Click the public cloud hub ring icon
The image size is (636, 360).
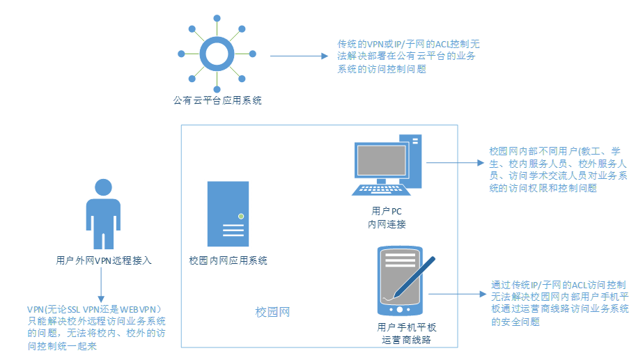coord(217,54)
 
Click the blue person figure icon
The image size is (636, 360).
coord(102,212)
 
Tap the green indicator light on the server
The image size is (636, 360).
coord(241,217)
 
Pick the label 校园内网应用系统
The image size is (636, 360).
coord(228,260)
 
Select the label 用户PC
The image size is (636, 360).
coord(387,211)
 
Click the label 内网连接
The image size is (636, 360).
coord(387,224)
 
